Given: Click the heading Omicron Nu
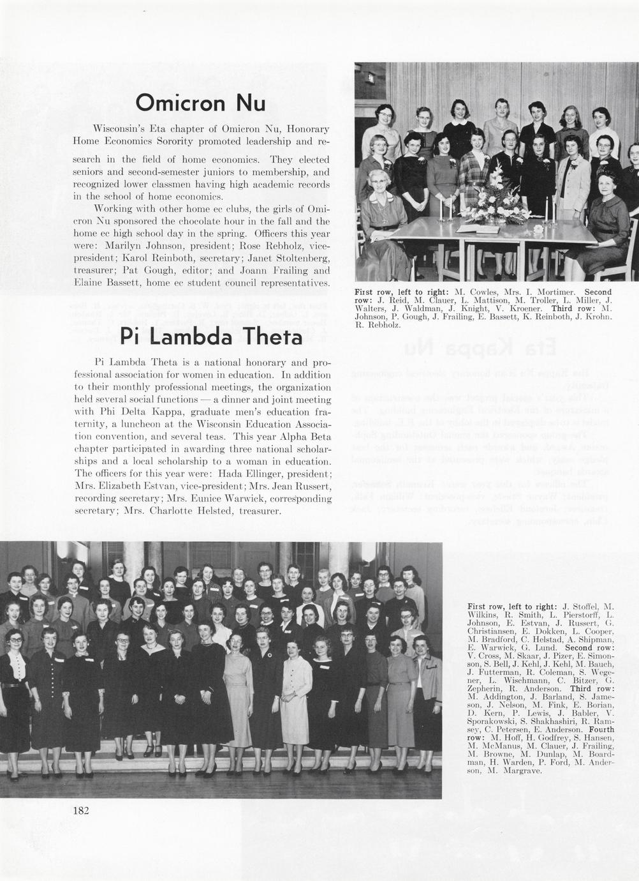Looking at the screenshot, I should [x=200, y=103].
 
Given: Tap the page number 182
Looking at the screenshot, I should [x=81, y=811].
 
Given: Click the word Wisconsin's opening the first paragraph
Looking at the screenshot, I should [x=120, y=128].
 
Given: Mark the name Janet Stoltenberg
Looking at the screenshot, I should [x=286, y=257].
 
